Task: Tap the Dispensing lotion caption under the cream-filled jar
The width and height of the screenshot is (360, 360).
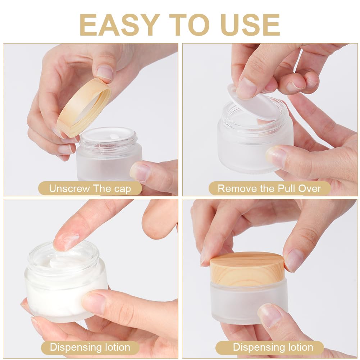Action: [90, 347]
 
